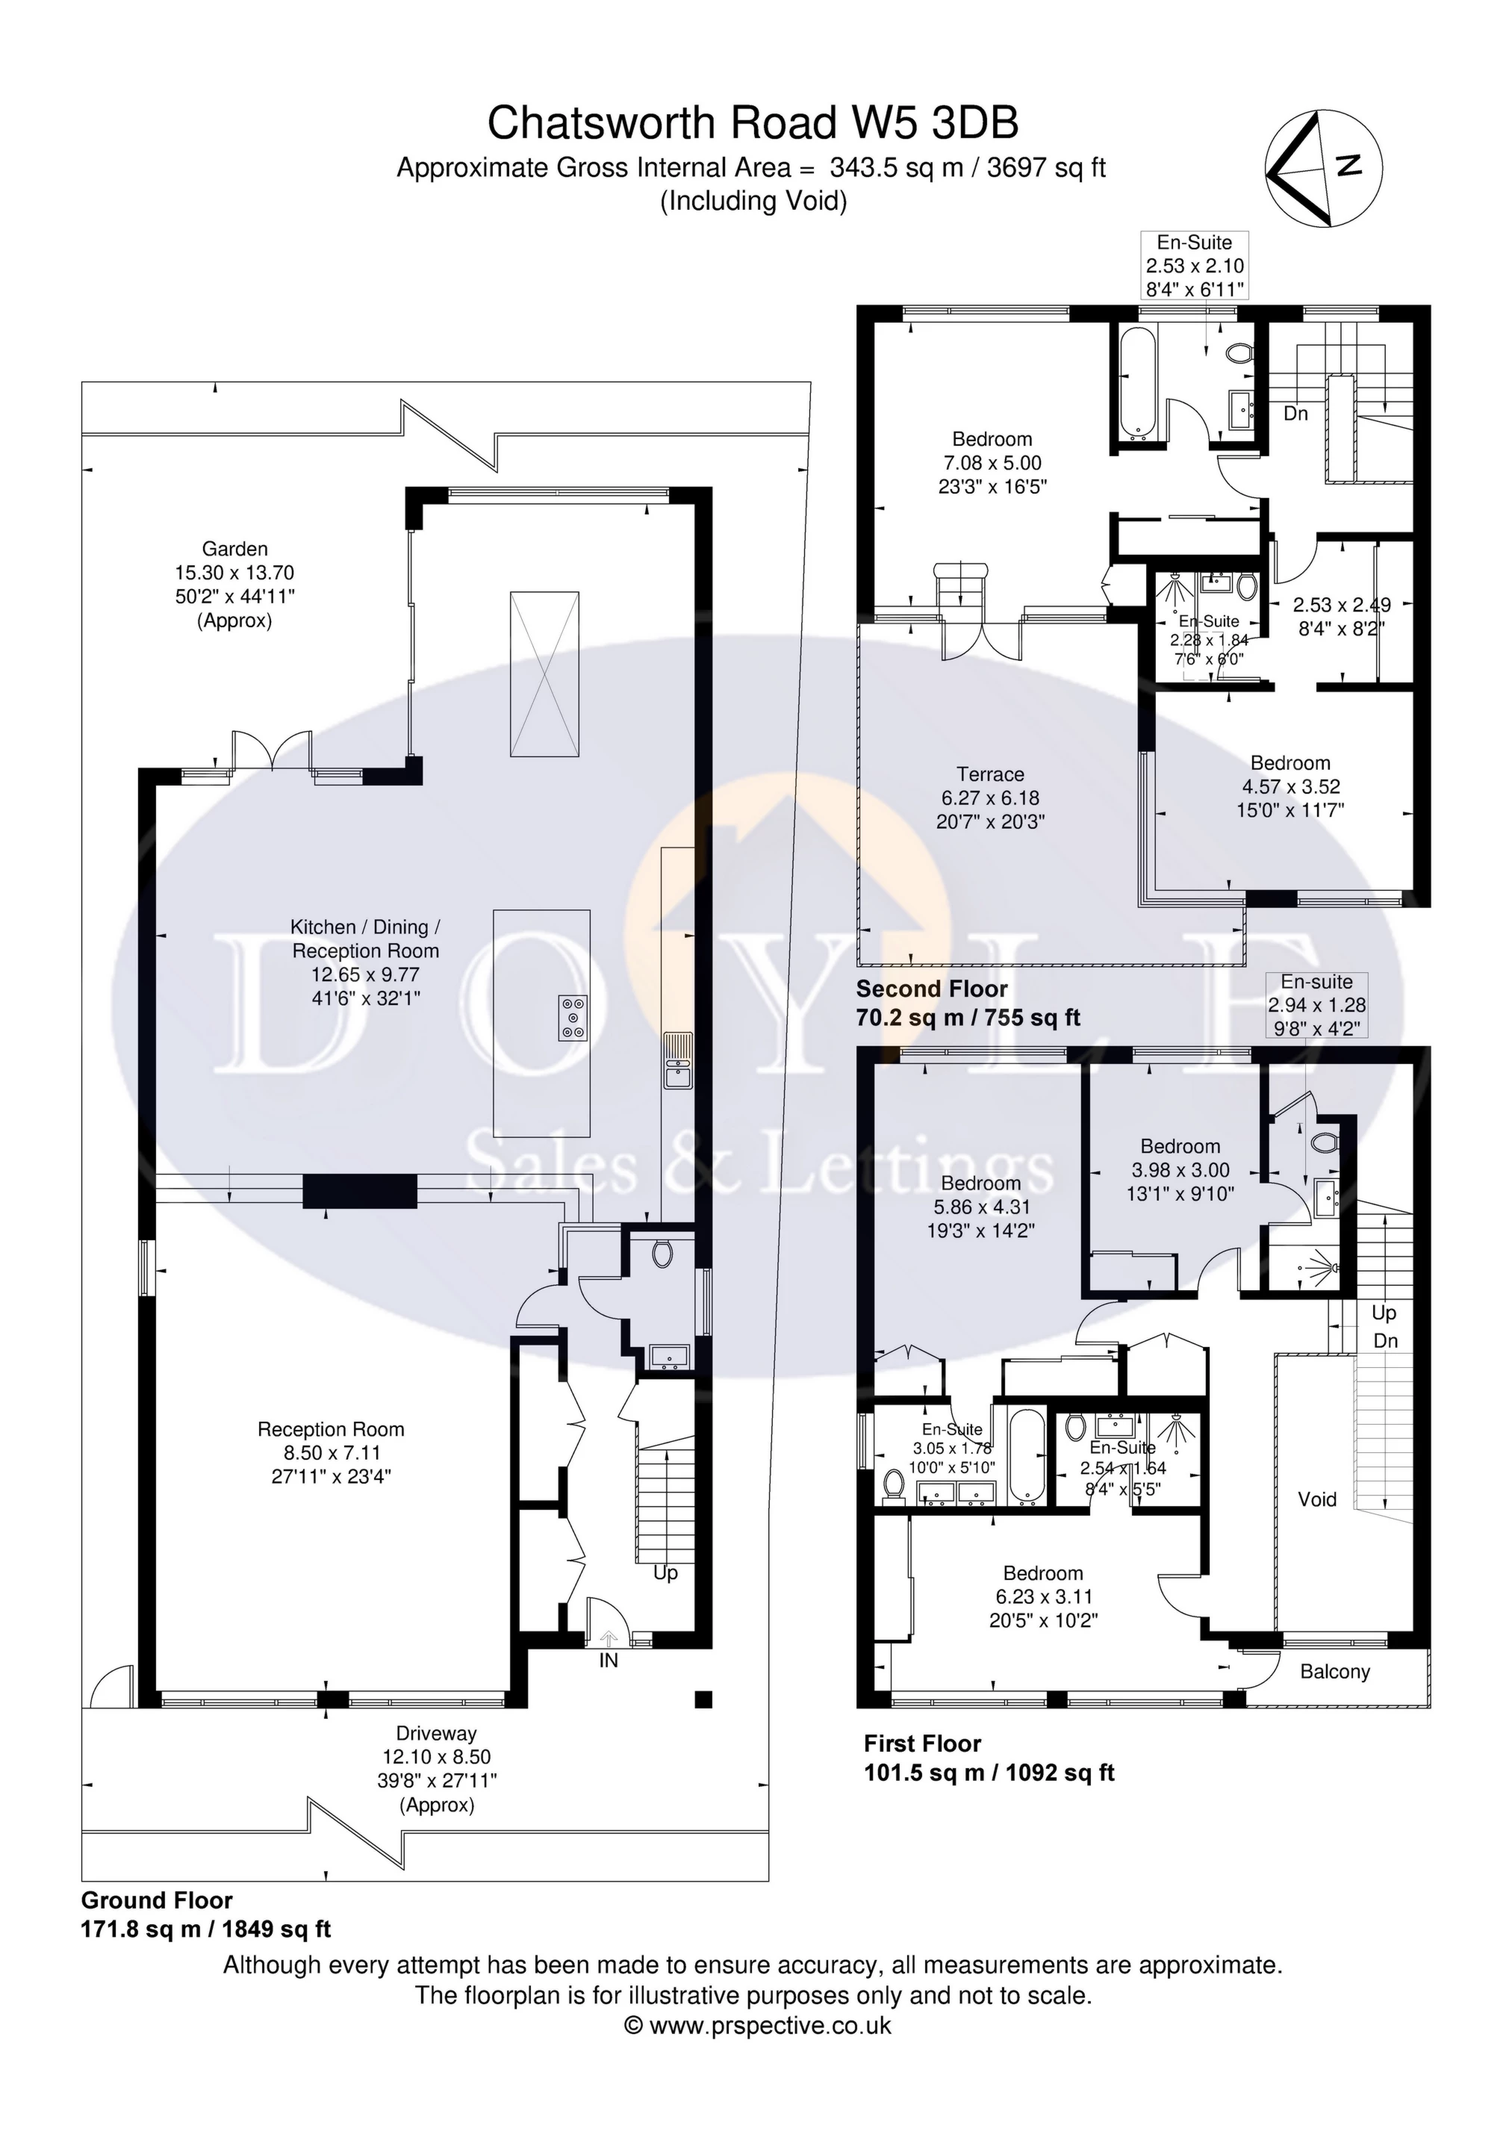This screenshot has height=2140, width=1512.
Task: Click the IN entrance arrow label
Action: click(608, 1660)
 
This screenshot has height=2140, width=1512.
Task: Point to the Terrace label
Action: click(990, 774)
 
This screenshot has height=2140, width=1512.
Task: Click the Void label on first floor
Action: click(1317, 1499)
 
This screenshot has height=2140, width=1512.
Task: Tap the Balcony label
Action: click(1335, 1671)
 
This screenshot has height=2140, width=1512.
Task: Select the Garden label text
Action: click(235, 549)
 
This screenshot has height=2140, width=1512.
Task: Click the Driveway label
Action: click(436, 1734)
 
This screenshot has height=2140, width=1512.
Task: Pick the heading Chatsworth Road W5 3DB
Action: click(753, 123)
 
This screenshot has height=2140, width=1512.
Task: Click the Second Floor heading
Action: click(932, 989)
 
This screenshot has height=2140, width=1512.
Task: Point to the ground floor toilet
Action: click(662, 1254)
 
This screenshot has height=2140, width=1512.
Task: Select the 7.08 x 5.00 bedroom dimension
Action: click(992, 463)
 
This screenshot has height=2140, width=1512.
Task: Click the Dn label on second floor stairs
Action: click(1295, 413)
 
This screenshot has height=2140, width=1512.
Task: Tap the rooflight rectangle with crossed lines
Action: click(544, 673)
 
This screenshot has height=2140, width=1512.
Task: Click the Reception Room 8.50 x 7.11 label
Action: click(331, 1452)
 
